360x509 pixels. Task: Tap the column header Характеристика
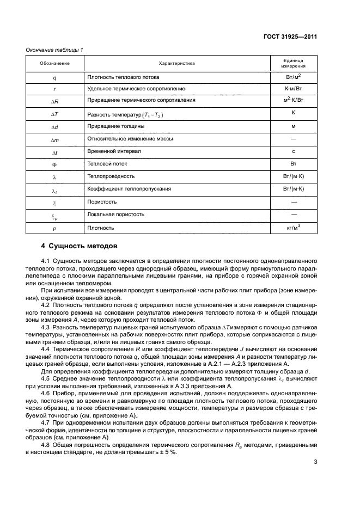click(x=177, y=63)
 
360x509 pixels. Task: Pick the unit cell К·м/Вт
click(x=293, y=88)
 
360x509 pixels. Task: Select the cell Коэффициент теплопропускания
click(x=129, y=189)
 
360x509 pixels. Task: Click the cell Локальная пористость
click(x=116, y=214)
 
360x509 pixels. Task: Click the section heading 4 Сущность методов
click(x=76, y=246)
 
